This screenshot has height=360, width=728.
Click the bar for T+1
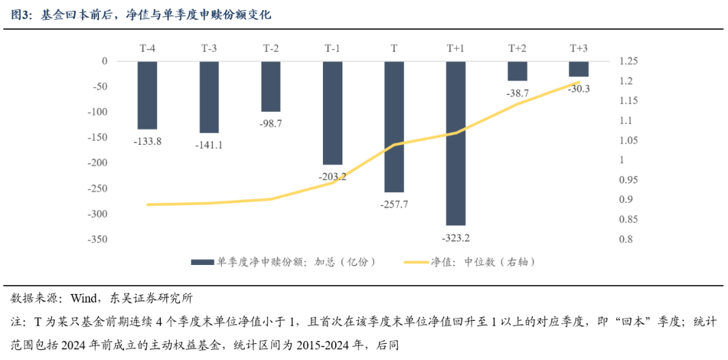456,143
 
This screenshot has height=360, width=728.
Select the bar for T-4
147,95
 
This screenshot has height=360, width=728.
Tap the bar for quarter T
394,127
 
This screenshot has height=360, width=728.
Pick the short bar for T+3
578,69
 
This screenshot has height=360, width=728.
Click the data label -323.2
456,238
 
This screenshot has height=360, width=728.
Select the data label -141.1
209,145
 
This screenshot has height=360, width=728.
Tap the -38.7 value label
518,93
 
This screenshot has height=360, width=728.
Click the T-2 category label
271,48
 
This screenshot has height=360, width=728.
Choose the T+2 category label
518,48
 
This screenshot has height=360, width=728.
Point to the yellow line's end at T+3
578,82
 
